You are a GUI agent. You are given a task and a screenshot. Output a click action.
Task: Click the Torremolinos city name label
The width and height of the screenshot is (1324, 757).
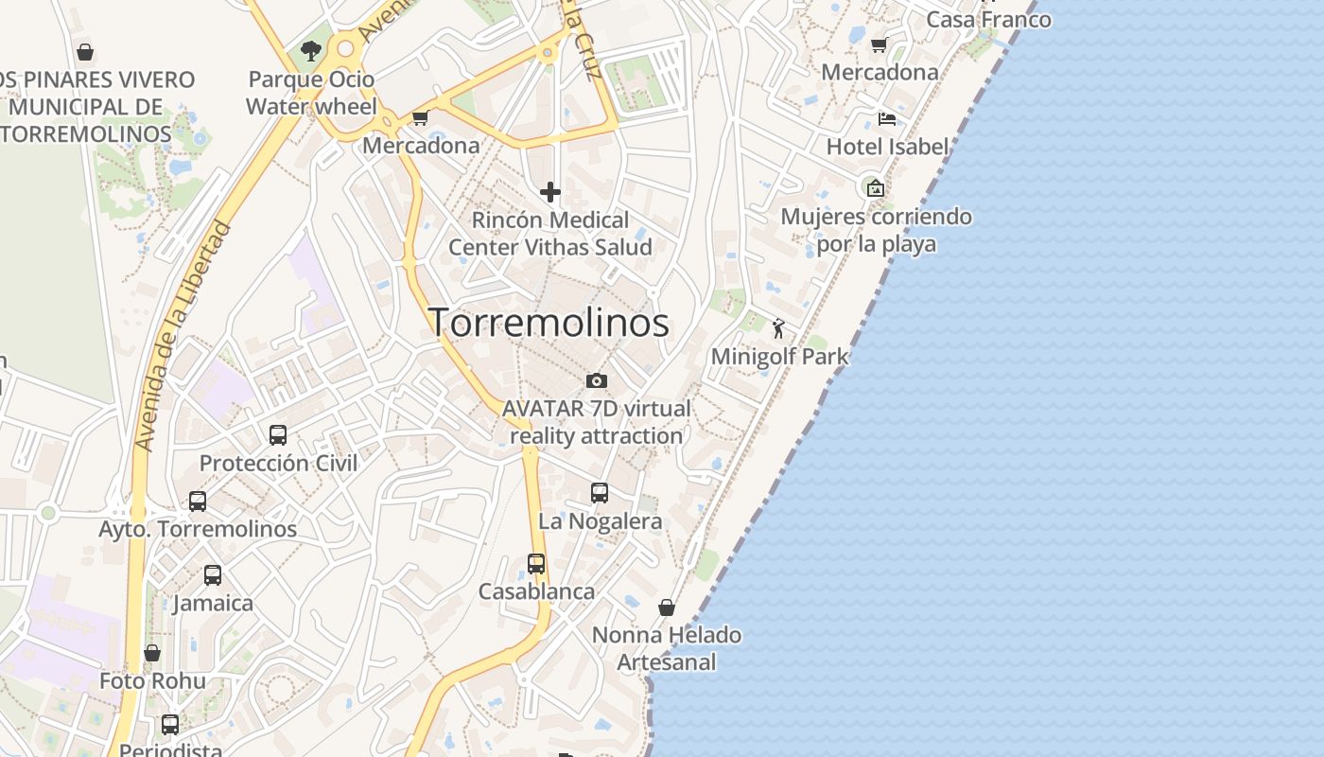[549, 323]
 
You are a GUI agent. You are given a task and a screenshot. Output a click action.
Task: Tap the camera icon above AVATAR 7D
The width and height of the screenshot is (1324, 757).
[597, 380]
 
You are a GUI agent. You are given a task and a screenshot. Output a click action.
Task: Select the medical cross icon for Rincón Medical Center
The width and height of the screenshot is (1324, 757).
[549, 192]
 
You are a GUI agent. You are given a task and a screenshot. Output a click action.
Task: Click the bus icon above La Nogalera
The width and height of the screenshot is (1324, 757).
[600, 493]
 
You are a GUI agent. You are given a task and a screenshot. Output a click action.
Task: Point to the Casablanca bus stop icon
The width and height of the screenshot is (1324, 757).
[536, 564]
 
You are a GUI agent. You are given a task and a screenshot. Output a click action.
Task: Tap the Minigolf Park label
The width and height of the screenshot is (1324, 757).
[779, 357]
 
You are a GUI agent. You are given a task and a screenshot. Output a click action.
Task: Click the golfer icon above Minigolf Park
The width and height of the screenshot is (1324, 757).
[778, 328]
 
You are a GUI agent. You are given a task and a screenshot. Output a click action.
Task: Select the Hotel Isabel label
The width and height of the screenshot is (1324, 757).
[887, 147]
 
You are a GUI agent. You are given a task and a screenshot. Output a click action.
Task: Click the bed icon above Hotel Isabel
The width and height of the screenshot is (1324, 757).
[887, 118]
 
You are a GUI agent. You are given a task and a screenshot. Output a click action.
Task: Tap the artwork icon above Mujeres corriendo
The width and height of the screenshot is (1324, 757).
[876, 188]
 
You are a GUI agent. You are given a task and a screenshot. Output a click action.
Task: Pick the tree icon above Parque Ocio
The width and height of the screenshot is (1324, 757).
[310, 50]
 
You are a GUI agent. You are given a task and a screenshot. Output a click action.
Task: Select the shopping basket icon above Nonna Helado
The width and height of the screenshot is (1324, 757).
[667, 607]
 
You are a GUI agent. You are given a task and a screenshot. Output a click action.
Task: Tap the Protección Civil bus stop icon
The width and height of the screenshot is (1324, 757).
[278, 435]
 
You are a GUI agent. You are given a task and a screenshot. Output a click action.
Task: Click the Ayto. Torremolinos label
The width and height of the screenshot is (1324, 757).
[198, 529]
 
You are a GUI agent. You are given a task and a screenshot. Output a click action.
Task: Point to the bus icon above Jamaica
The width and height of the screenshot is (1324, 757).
[213, 574]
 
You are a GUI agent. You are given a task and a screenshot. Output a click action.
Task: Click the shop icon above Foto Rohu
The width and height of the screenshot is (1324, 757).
[152, 653]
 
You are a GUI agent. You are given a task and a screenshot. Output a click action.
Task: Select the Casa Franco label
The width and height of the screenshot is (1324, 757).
[988, 19]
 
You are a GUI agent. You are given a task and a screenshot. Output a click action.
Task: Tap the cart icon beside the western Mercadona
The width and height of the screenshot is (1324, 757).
[420, 118]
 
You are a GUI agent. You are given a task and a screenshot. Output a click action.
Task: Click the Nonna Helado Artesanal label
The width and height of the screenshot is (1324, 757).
[667, 648]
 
